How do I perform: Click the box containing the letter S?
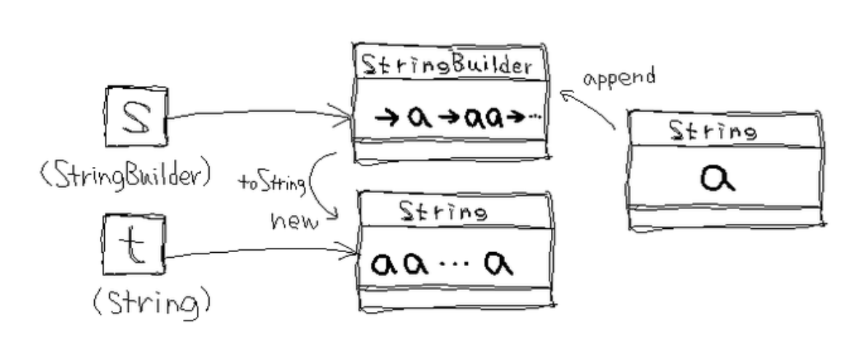[x=136, y=116]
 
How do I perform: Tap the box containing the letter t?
[x=134, y=244]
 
